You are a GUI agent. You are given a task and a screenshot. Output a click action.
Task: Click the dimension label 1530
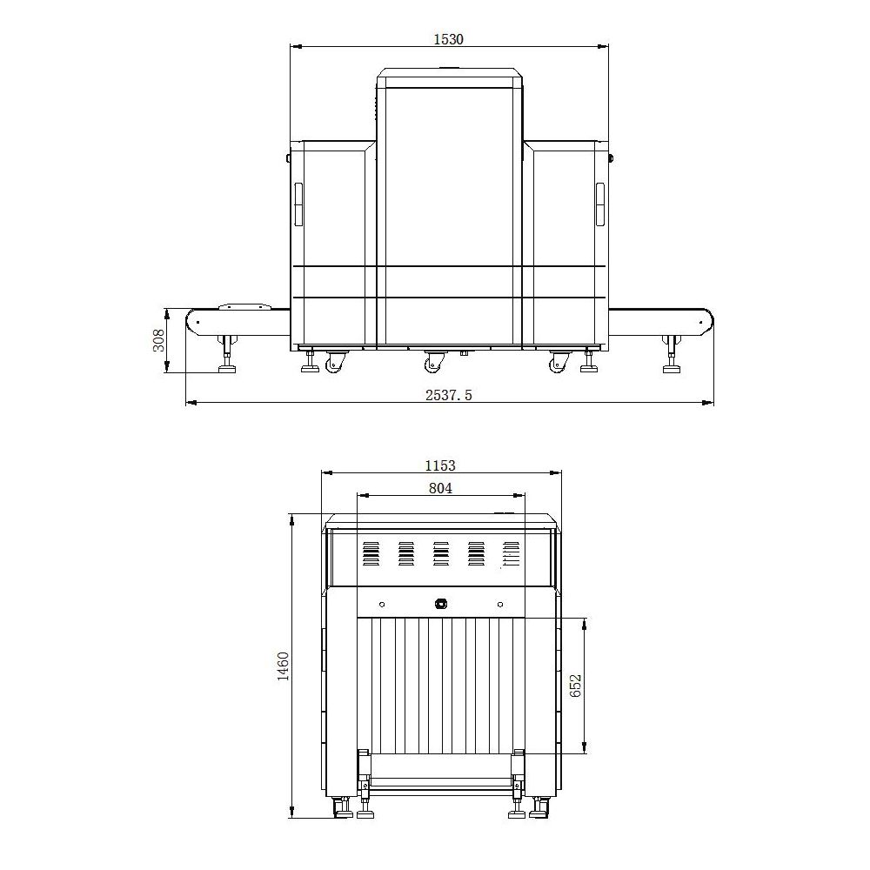click(448, 39)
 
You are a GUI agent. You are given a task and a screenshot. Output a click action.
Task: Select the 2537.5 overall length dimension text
click(449, 395)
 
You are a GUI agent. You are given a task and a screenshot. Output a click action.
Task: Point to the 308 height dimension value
click(158, 340)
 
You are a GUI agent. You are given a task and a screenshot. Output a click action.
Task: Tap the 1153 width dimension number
click(440, 465)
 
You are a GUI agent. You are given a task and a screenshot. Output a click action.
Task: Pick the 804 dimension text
click(440, 488)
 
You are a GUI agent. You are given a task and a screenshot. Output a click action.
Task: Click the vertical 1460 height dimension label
click(283, 666)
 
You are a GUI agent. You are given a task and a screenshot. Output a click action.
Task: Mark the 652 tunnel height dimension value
click(575, 686)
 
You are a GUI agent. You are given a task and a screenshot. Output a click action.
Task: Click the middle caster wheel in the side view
click(434, 361)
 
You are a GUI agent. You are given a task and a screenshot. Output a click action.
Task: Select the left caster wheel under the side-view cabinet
click(335, 361)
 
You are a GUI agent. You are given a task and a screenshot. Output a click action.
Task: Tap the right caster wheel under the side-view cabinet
click(559, 361)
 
